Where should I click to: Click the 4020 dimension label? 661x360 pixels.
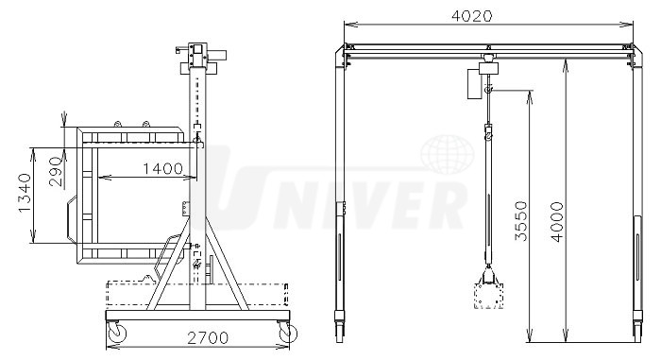coord(471,16)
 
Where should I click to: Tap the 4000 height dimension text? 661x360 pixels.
coord(557,222)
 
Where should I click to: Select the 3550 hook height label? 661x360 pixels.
coord(521,221)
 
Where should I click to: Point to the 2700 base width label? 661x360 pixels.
coord(208,337)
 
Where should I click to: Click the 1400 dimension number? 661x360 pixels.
coord(162,169)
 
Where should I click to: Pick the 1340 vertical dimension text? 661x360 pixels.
coord(25,193)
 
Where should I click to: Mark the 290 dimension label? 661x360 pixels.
coord(56,171)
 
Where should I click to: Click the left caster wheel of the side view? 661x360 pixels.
coord(116,332)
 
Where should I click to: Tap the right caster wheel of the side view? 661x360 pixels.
coord(287,332)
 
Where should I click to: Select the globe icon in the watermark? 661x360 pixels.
coord(447,154)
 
